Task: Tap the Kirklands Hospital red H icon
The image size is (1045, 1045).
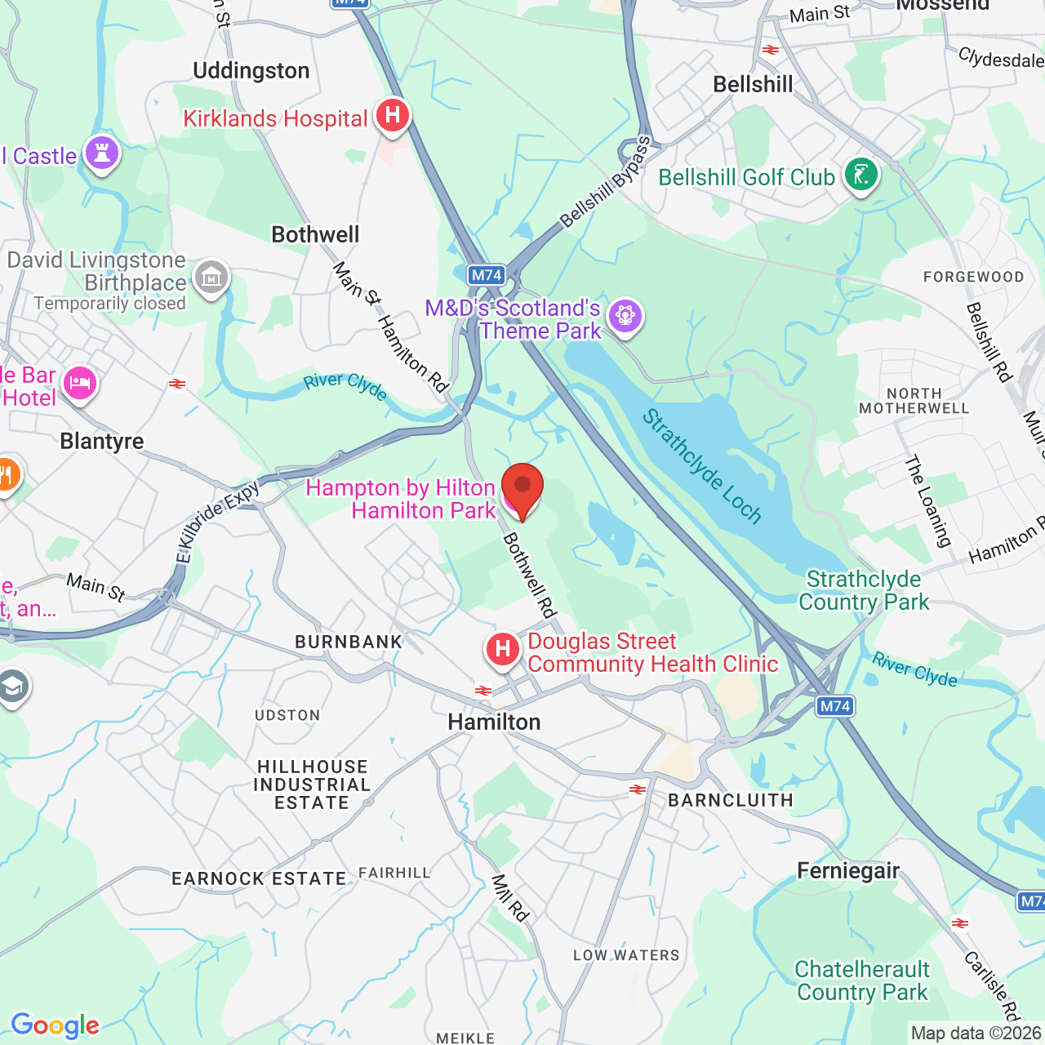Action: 393,116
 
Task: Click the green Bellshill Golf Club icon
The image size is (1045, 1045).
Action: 860,175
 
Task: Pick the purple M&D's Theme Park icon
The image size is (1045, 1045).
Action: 625,316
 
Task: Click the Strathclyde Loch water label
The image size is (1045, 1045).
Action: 701,466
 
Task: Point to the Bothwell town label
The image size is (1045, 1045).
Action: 315,234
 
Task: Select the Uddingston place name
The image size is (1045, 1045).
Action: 251,71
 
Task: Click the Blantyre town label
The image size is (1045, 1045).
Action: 102,442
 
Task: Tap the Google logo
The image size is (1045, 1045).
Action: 55,1025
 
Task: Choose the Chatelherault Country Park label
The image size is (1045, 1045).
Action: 862,981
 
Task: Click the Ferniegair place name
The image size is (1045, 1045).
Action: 848,871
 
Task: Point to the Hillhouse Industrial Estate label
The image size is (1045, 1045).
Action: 312,785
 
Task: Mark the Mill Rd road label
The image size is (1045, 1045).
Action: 510,898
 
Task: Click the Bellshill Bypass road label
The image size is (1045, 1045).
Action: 605,183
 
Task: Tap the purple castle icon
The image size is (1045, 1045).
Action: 102,153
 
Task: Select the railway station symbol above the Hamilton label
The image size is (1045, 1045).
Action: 483,691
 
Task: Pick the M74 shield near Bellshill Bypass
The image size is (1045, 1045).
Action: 487,275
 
